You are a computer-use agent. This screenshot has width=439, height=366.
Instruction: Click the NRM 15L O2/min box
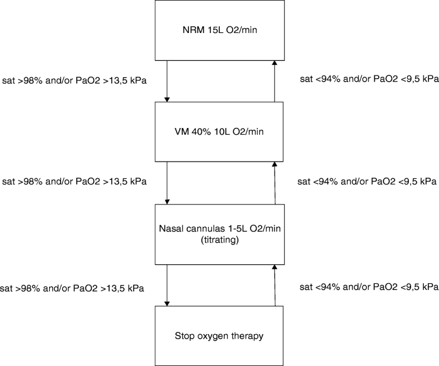pos(220,30)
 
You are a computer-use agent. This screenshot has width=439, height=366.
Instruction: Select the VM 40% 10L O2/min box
pos(220,132)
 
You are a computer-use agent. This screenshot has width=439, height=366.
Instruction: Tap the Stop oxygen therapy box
pos(220,335)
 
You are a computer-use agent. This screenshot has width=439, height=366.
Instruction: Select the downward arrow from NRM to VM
pos(167,81)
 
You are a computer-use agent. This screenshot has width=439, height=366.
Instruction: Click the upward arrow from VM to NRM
pos(274,81)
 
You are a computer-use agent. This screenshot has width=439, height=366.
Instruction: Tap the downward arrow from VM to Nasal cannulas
pos(167,183)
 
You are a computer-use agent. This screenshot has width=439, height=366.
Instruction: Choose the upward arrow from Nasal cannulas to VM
pos(274,183)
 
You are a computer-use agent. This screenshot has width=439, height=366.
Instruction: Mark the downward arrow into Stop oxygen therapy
pos(167,285)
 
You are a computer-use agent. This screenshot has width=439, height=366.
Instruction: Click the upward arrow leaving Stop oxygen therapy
pos(274,285)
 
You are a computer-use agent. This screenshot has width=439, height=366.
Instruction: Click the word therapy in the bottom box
pos(249,336)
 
